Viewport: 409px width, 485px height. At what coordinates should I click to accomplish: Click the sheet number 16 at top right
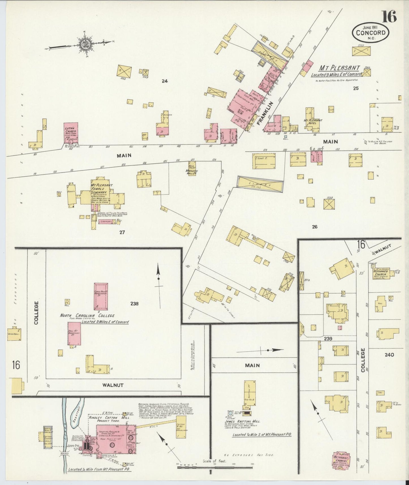click(x=389, y=17)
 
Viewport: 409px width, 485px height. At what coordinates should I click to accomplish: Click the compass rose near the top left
click(x=84, y=44)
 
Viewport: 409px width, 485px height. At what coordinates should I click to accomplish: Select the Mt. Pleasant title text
click(x=339, y=68)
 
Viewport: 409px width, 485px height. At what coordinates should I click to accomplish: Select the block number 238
click(x=134, y=304)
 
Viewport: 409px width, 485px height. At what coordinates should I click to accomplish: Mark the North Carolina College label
click(x=87, y=316)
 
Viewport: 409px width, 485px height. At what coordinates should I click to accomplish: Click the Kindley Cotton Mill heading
click(x=109, y=418)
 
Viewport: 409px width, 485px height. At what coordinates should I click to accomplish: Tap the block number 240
click(x=389, y=355)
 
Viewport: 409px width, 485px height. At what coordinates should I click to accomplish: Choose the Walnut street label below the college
click(x=113, y=385)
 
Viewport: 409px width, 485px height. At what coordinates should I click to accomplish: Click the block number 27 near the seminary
click(x=122, y=232)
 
